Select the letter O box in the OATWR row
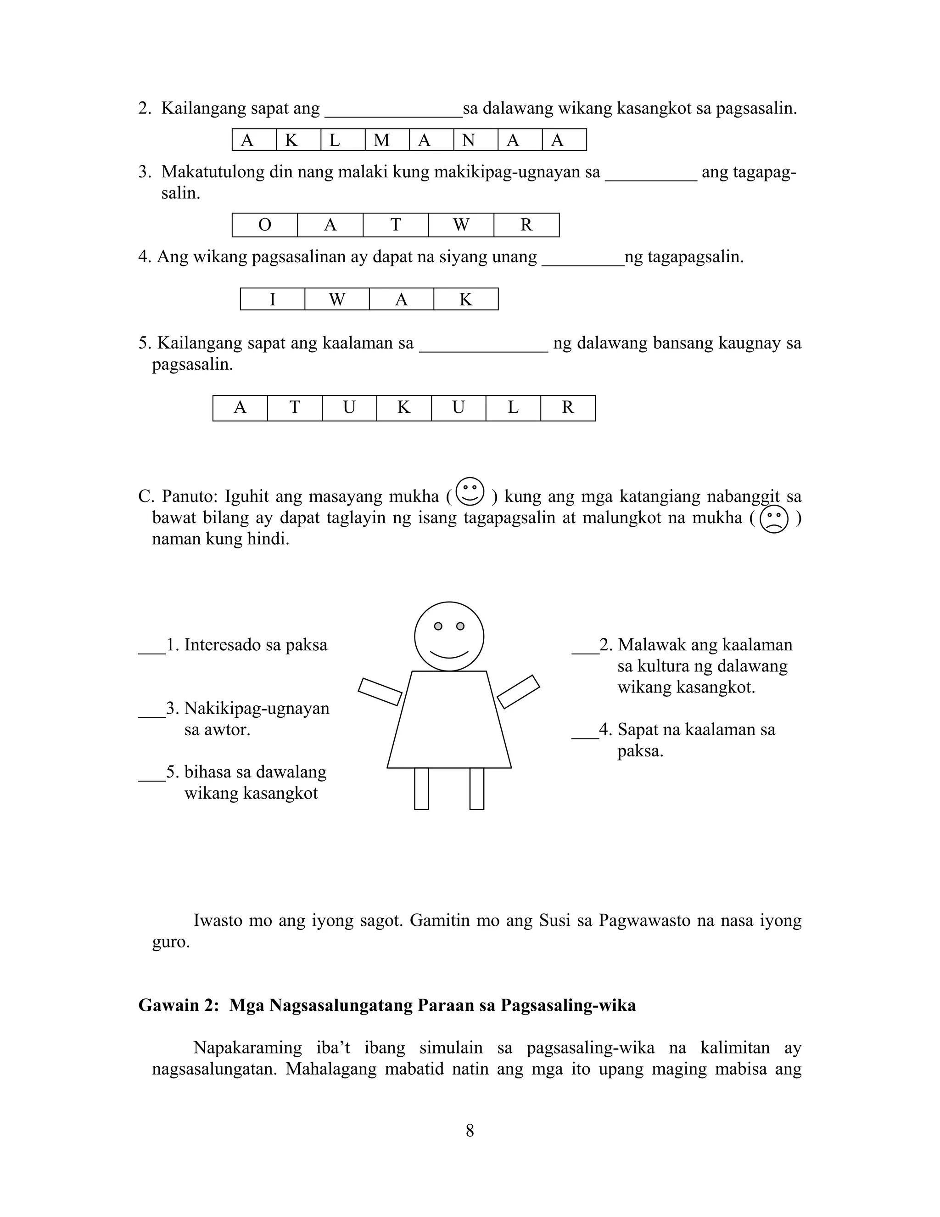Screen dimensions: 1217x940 (x=264, y=225)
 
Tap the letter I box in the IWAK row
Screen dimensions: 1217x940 (x=272, y=299)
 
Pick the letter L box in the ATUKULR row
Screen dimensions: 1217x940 (x=513, y=408)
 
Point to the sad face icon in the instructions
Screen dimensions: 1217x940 (x=773, y=519)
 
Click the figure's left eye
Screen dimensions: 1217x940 (x=438, y=626)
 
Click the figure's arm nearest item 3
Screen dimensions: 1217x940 (x=380, y=692)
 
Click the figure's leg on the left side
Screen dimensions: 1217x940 (x=421, y=789)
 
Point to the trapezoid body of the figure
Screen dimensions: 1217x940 (x=449, y=721)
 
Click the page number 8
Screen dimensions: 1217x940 (x=470, y=1131)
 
